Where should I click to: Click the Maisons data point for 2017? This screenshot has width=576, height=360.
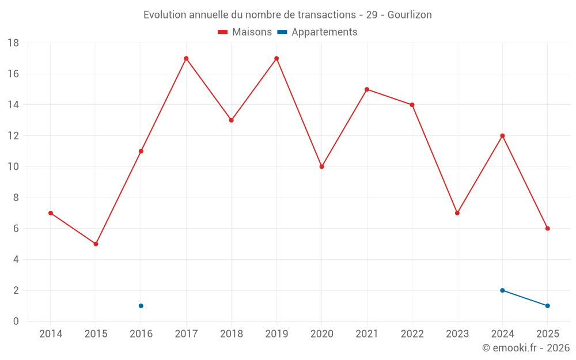(x=186, y=58)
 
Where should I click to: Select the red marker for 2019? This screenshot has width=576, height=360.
(x=276, y=58)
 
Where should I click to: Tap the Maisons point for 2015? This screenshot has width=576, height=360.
(x=96, y=244)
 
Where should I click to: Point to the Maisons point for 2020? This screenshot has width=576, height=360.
(x=322, y=167)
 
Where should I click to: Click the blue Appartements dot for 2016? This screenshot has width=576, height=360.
(x=141, y=306)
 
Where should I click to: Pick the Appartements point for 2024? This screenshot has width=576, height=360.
(x=502, y=290)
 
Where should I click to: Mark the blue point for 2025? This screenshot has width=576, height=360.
(x=548, y=306)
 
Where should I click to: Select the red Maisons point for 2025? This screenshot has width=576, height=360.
(x=548, y=229)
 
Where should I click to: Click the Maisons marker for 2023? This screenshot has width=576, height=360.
(x=457, y=213)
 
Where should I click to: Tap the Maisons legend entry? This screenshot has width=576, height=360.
(x=245, y=32)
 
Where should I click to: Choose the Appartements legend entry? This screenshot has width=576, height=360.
(x=317, y=32)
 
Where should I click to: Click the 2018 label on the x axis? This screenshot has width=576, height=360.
(x=232, y=334)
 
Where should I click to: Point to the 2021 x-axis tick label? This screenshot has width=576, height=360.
(x=367, y=334)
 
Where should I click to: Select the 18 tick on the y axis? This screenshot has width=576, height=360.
(x=13, y=43)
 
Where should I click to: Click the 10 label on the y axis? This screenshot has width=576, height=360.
(x=13, y=167)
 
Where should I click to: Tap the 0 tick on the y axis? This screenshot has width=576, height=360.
(x=16, y=321)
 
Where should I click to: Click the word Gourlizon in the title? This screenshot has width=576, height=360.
(x=410, y=15)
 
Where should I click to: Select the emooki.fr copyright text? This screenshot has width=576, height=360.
(x=526, y=347)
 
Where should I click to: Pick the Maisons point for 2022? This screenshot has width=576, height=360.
(x=412, y=105)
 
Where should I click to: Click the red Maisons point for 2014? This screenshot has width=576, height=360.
(x=51, y=213)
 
